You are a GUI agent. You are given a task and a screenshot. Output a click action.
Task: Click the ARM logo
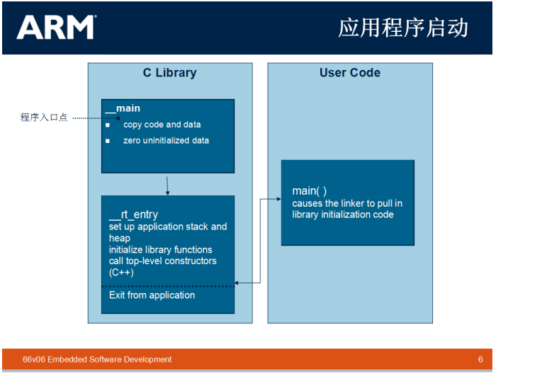coord(56,28)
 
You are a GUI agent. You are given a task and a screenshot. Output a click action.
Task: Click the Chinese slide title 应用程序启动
coord(403,28)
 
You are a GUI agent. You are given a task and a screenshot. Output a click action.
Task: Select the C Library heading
coord(169,73)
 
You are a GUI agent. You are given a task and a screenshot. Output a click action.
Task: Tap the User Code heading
coord(349,73)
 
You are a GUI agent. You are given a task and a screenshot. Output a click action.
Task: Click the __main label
coord(123,108)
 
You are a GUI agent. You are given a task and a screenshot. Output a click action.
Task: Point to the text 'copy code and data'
coord(162,125)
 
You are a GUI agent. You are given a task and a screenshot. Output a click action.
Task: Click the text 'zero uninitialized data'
coord(166,140)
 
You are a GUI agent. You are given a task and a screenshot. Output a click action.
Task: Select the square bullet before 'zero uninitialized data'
coord(108,141)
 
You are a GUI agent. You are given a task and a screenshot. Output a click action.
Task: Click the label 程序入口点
coord(44,117)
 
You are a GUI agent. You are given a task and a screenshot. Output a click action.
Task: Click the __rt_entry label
coord(133,214)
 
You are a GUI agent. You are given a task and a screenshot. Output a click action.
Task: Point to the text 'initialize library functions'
coord(160,250)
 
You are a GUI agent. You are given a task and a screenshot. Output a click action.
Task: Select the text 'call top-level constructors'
coord(162,261)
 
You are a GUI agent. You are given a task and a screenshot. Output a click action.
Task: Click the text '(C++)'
coord(121,272)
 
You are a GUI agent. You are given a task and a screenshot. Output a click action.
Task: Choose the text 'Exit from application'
coord(152,295)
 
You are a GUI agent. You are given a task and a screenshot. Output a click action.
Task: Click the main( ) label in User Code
coord(310,191)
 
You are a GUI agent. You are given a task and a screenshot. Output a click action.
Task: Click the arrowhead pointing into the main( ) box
coord(278,200)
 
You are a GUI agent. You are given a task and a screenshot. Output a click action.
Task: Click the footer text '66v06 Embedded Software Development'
coord(97,360)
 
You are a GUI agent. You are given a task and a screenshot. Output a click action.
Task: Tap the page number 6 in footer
coord(480,360)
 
